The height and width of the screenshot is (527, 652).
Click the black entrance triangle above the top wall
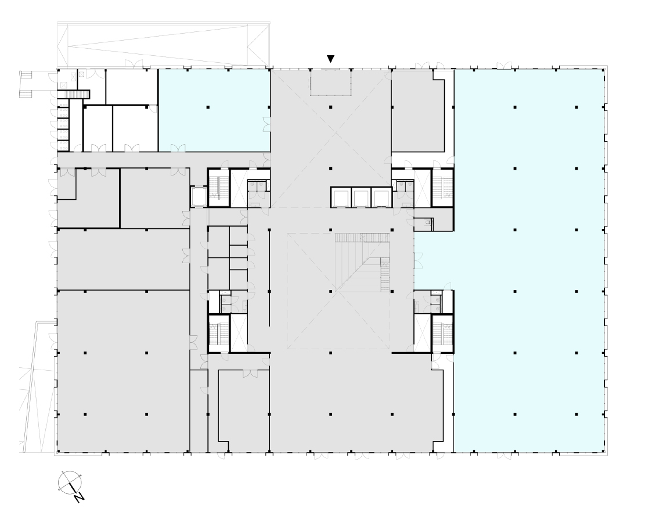(330, 59)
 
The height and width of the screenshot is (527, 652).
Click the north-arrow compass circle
(70, 483)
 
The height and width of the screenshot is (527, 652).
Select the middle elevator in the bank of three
(361, 198)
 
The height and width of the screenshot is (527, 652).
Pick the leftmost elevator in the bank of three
(341, 198)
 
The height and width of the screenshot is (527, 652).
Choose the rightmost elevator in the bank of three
(380, 198)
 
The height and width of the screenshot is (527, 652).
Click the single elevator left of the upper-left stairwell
(199, 196)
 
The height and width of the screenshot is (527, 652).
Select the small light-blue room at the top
(214, 110)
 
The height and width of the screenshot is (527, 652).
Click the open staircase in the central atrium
(363, 262)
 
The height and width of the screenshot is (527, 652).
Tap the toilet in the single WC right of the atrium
(428, 223)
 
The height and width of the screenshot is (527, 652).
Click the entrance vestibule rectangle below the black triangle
(330, 82)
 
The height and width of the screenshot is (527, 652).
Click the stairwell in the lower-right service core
(443, 333)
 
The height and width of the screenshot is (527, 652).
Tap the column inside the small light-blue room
(208, 107)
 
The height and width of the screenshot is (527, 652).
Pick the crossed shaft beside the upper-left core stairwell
(239, 188)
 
